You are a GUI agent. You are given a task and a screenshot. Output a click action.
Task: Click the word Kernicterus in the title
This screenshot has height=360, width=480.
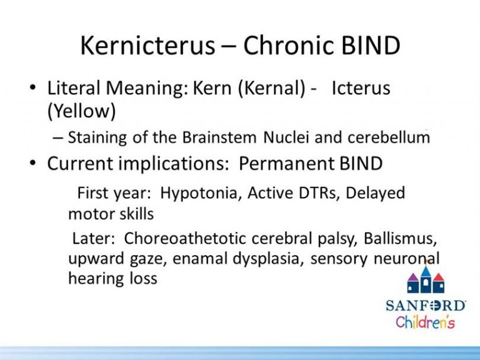click(x=147, y=45)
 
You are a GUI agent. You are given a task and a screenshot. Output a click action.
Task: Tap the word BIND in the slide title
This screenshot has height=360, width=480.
click(x=371, y=45)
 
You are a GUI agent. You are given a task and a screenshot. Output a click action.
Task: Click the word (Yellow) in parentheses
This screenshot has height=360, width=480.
click(x=82, y=111)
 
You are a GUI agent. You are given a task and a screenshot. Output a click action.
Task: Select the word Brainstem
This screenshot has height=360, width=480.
click(x=219, y=137)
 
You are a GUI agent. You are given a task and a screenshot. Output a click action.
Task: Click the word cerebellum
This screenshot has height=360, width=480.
click(x=389, y=137)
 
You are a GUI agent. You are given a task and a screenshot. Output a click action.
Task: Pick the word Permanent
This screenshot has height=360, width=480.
click(x=286, y=163)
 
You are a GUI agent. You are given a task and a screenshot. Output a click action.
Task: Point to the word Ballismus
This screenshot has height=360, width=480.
click(x=400, y=239)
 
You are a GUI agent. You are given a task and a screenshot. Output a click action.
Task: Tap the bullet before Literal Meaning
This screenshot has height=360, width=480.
click(x=32, y=87)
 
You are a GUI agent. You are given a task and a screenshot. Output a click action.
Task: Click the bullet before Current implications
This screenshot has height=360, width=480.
click(x=32, y=163)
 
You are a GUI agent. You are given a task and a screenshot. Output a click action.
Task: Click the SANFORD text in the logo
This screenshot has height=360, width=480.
click(x=426, y=306)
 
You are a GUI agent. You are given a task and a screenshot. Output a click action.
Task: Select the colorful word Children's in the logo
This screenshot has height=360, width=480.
click(x=425, y=322)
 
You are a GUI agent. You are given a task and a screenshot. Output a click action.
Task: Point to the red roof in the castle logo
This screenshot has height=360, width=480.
click(x=438, y=277)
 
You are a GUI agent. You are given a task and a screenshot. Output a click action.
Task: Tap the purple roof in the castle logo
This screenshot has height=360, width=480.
click(x=413, y=277)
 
